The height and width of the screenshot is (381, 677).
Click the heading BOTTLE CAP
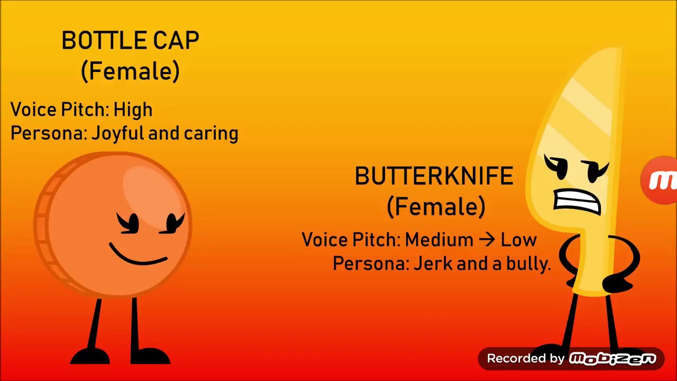click(130, 41)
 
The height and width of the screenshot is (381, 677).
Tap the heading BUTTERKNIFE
click(434, 177)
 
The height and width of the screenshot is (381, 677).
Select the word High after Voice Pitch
click(133, 110)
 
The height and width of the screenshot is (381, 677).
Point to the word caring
click(211, 134)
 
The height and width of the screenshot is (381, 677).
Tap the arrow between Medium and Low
click(487, 240)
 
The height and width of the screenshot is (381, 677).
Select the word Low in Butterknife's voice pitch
click(518, 240)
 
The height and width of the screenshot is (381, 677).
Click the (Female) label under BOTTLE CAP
click(130, 71)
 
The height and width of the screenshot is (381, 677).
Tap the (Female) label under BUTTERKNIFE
click(436, 207)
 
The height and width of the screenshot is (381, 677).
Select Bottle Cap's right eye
click(172, 223)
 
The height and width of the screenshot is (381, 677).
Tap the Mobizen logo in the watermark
click(612, 359)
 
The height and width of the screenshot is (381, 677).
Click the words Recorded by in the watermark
click(526, 359)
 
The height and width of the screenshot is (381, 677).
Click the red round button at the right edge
click(660, 180)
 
